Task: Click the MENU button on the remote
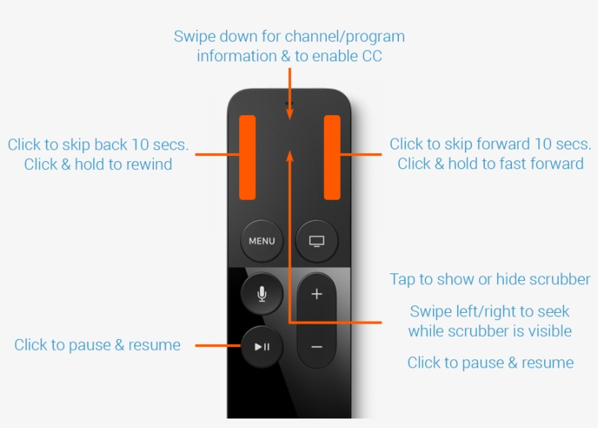point(262,241)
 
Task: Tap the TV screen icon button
point(317,241)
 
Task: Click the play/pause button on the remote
point(262,346)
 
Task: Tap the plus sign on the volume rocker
point(317,295)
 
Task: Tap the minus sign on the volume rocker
point(317,346)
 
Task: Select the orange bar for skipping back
point(248,157)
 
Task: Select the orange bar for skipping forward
point(332,157)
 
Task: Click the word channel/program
point(345,36)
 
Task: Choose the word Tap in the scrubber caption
point(403,279)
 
